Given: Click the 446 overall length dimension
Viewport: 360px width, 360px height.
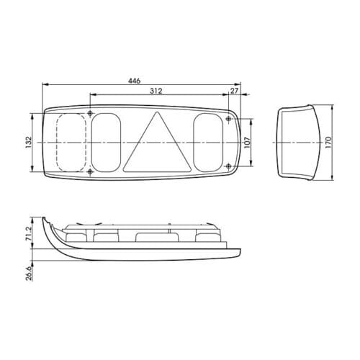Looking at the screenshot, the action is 134,81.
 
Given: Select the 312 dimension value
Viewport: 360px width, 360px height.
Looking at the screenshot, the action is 156,91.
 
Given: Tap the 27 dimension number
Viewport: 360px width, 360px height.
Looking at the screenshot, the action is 234,91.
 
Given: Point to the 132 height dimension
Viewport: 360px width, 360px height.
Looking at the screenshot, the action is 29,143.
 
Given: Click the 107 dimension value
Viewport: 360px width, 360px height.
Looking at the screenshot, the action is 247,143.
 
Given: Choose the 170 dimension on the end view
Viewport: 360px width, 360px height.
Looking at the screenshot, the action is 328,143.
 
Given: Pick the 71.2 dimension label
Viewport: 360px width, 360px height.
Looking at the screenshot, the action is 29,234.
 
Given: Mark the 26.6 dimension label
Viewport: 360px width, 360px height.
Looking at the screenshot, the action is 29,274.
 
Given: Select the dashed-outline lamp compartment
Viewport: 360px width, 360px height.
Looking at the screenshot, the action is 71,143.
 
